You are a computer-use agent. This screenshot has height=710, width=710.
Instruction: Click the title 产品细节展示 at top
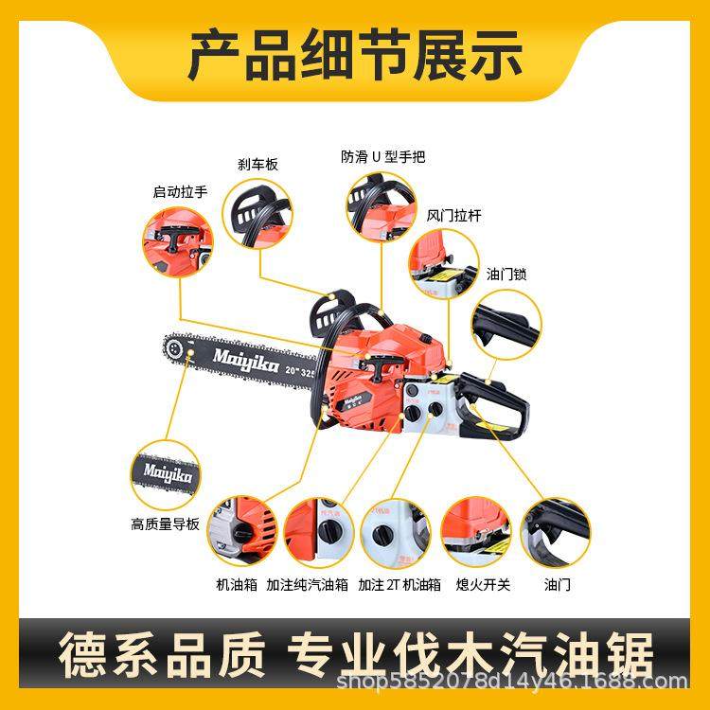pyautogui.click(x=355, y=55)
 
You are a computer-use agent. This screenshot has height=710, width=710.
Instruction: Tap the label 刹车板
pyautogui.click(x=257, y=164)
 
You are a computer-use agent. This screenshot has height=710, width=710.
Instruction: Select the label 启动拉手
pyautogui.click(x=180, y=192)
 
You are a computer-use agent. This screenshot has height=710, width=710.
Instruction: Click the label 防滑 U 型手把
pyautogui.click(x=383, y=156)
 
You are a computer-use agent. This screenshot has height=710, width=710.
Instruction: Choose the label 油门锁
pyautogui.click(x=506, y=274)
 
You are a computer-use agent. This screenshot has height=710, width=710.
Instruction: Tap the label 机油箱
pyautogui.click(x=237, y=584)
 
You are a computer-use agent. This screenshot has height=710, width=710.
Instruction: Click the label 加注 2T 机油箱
pyautogui.click(x=399, y=584)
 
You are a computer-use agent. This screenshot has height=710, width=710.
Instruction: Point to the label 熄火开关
pyautogui.click(x=483, y=584)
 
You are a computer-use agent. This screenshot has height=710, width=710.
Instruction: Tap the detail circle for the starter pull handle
pyautogui.click(x=178, y=243)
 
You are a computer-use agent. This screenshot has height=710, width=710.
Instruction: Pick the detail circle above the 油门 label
pyautogui.click(x=558, y=532)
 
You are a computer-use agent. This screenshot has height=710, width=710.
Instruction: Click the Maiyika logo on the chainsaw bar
pyautogui.click(x=241, y=357)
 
